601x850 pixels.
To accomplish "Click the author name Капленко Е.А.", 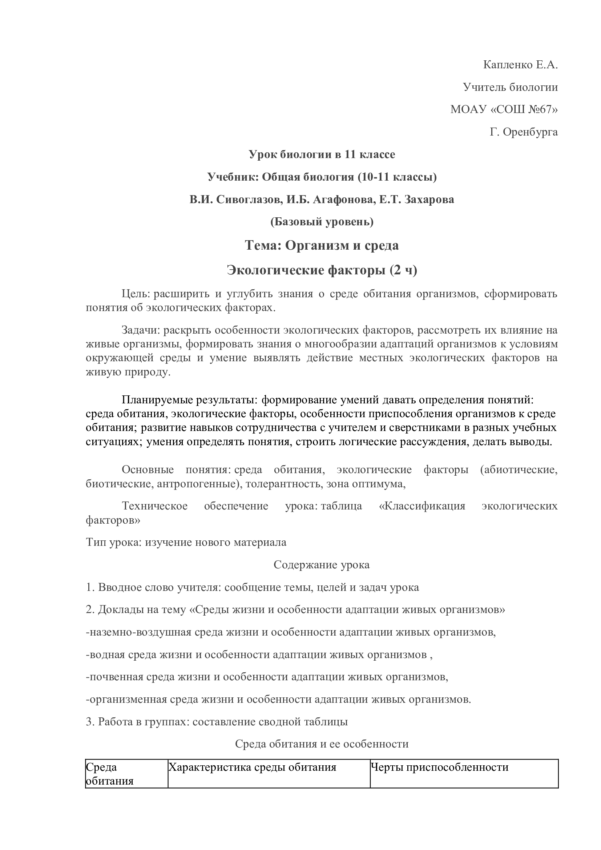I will [520, 65].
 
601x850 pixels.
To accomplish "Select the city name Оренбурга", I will [530, 132].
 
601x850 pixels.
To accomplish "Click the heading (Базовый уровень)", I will [322, 222].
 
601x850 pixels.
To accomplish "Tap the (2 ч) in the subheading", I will [403, 271].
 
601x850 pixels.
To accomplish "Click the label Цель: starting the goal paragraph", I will [136, 294].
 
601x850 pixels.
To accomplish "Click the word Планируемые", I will [153, 400].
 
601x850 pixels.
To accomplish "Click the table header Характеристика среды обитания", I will [252, 768].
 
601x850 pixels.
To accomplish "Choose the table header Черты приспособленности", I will [439, 768].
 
